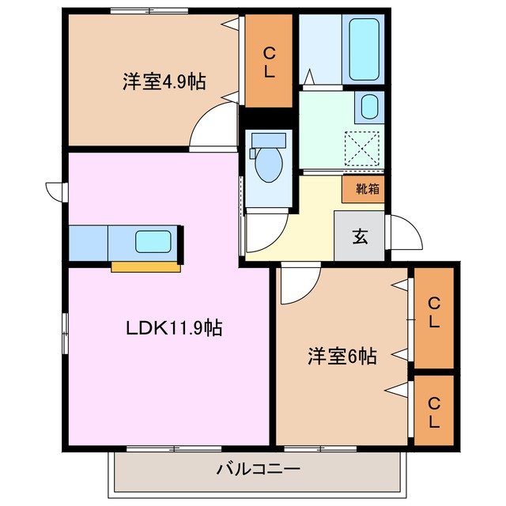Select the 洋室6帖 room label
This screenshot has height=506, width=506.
pos(342,357)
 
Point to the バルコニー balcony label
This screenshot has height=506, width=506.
pos(259,470)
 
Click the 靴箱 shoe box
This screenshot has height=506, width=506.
pos(365,189)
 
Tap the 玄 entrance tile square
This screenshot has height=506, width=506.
pos(359,236)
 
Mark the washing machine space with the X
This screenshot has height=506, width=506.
pos(364,147)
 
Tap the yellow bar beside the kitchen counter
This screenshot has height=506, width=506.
pos(145,266)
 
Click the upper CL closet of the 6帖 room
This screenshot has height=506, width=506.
pos(433,314)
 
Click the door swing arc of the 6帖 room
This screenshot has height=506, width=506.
pos(300,285)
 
